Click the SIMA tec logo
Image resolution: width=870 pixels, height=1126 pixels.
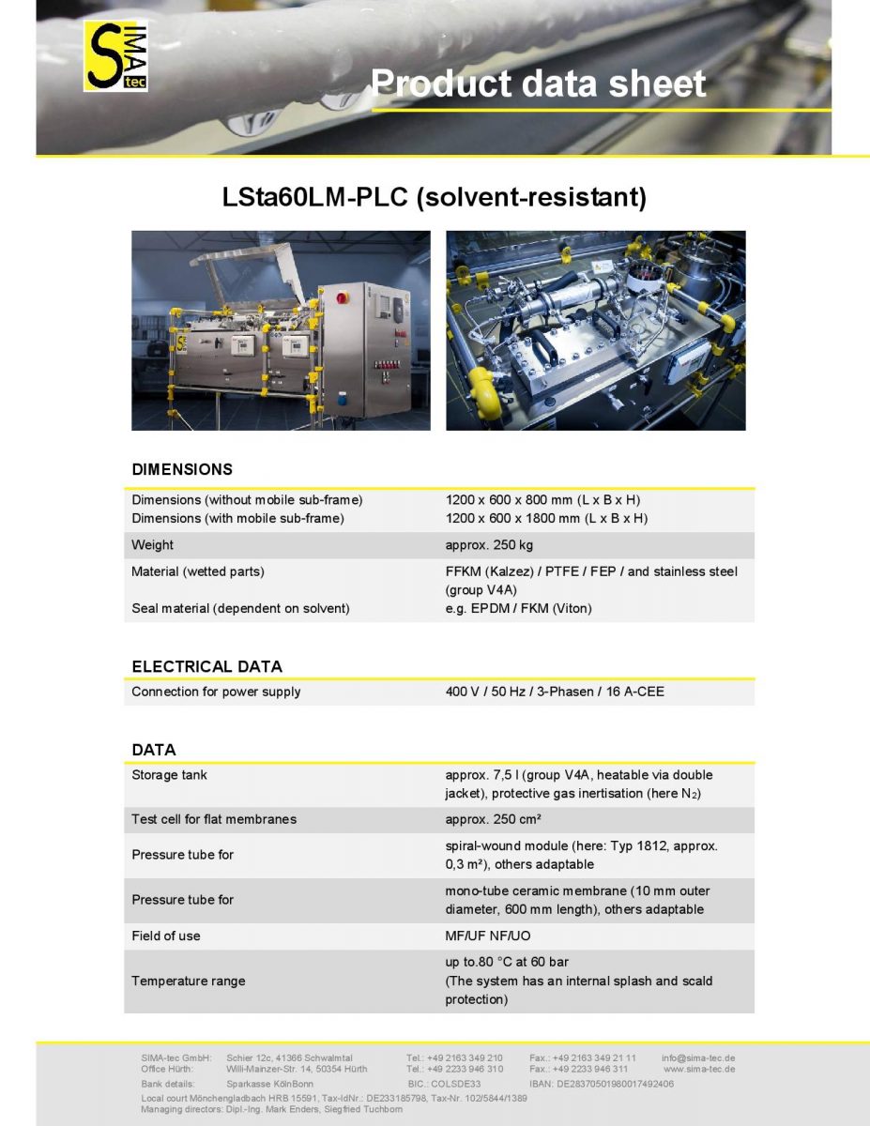(116, 57)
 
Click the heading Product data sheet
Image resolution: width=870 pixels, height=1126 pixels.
(538, 84)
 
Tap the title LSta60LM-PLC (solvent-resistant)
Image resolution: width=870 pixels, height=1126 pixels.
(435, 198)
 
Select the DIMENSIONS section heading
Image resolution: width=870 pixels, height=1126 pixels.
(182, 469)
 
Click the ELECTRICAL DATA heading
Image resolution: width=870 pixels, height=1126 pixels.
(206, 666)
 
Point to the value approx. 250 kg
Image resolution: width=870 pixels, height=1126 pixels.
(489, 545)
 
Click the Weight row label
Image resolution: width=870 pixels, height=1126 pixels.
(152, 545)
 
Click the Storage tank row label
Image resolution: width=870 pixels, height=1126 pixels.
(169, 775)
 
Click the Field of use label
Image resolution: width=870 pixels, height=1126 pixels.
(165, 936)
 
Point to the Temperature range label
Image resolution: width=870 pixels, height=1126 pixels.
(188, 981)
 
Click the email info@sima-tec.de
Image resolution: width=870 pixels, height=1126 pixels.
(698, 1058)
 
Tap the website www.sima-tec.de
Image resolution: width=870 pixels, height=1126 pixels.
(699, 1069)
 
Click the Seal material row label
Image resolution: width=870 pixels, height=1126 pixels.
(240, 608)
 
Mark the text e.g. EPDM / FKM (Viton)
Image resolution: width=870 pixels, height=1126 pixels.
(518, 608)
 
